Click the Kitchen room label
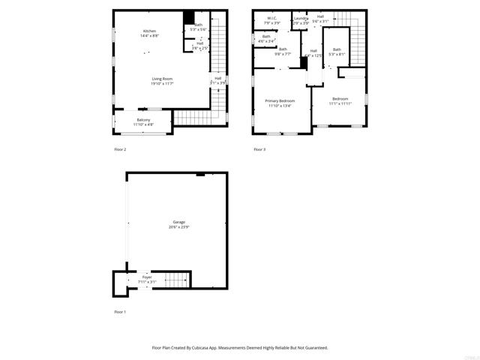(x=150, y=31)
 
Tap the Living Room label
(x=163, y=79)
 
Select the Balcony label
(x=142, y=120)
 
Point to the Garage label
(x=179, y=222)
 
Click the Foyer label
(x=147, y=277)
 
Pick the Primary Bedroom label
(x=280, y=100)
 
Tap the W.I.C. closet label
(x=271, y=18)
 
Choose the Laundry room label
(x=301, y=18)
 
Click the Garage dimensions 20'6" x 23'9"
(x=179, y=226)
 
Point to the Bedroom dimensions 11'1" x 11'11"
(x=340, y=103)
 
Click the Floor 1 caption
(x=120, y=311)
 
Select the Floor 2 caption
(x=120, y=150)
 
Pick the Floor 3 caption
(x=259, y=150)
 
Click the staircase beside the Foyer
(x=175, y=281)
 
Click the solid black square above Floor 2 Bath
(x=190, y=19)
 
